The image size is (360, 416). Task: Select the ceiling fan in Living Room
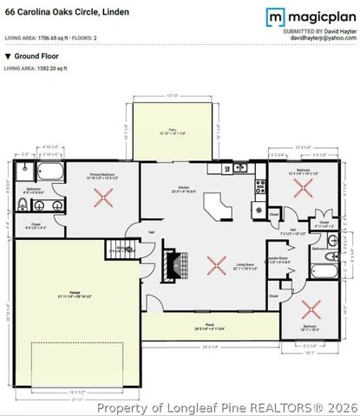coord(213,259)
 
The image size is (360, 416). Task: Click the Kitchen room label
coord(184,188)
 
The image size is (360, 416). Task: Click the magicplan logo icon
coord(275,17)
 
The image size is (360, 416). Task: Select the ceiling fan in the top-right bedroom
coord(302,189)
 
